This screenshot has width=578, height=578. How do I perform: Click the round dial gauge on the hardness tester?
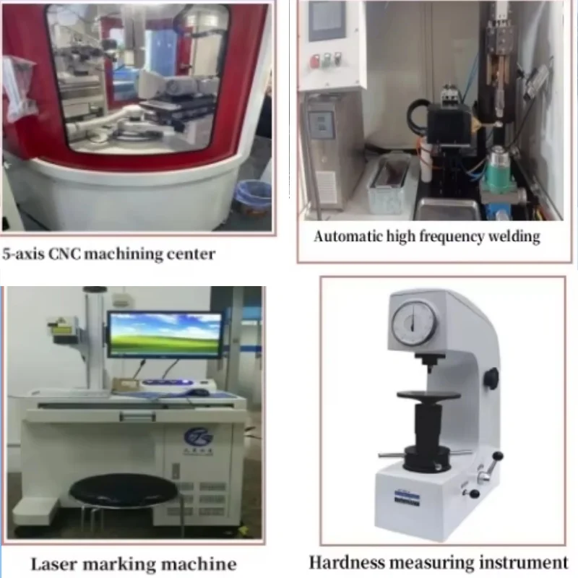[414, 323]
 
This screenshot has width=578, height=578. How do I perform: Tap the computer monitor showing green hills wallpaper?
[165, 334]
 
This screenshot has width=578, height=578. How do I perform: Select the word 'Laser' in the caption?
[56, 564]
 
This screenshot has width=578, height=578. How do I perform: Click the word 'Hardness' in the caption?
[346, 561]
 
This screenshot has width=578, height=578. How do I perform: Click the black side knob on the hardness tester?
[491, 378]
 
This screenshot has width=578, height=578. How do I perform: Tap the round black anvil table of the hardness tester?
[428, 397]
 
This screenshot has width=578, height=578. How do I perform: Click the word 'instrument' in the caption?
[527, 561]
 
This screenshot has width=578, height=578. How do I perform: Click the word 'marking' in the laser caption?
[122, 564]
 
